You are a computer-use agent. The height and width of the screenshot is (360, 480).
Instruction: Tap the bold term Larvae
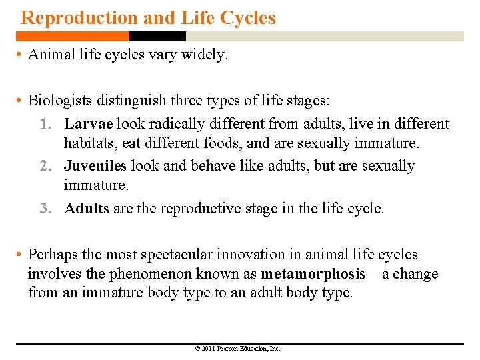click(90, 124)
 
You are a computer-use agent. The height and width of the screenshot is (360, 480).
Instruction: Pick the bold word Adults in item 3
click(87, 208)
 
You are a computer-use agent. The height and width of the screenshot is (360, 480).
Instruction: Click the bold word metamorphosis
click(313, 274)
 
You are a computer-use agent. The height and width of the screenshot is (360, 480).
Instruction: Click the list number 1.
click(45, 125)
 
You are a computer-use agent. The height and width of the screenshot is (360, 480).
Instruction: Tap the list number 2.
click(45, 167)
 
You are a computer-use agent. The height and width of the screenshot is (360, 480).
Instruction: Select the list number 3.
click(45, 209)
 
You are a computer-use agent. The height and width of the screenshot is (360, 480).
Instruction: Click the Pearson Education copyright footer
click(237, 349)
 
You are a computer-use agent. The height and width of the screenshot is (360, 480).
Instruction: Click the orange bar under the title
click(73, 37)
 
